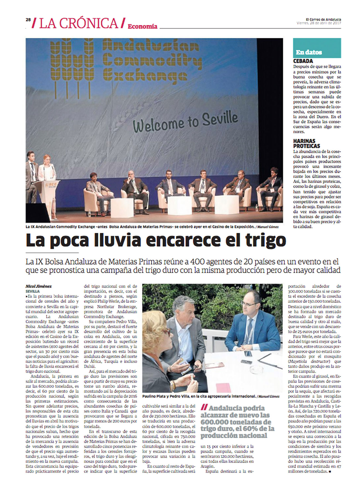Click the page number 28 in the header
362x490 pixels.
[28, 19]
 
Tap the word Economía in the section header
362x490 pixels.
[142, 26]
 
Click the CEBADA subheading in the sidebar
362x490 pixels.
[303, 61]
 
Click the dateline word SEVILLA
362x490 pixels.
[33, 291]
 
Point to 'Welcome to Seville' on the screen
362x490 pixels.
[185, 122]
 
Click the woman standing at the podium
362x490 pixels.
[47, 178]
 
